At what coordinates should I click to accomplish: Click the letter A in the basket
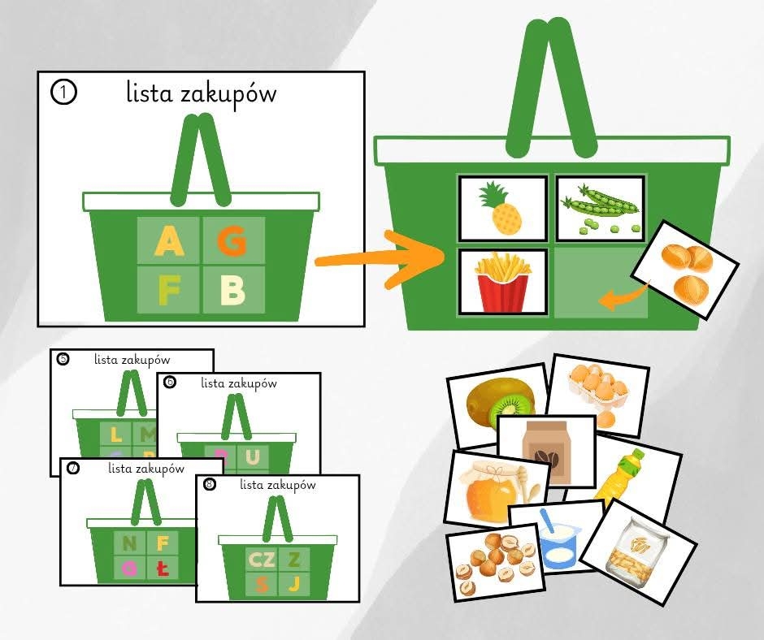[168, 240]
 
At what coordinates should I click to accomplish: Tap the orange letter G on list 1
[233, 240]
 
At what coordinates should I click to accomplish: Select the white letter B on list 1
[233, 288]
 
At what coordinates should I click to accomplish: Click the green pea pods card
[600, 208]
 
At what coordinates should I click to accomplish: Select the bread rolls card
[688, 269]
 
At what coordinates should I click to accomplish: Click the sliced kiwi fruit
[500, 402]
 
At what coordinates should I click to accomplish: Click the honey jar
[488, 488]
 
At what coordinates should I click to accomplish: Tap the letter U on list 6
[253, 456]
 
